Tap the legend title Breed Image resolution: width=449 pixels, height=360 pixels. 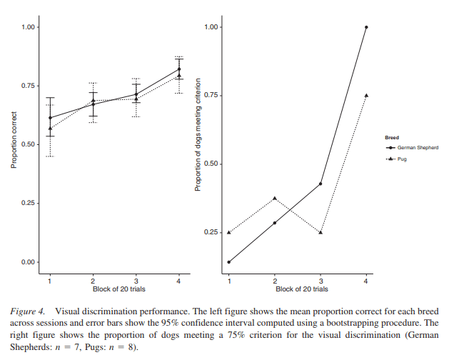[x=392, y=136]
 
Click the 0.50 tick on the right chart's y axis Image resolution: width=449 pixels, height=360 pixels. [x=211, y=164]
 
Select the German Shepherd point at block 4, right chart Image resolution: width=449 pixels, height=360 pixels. [x=366, y=27]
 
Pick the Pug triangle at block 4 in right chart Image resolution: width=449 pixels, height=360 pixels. [x=366, y=95]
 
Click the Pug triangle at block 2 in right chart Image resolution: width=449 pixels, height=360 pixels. [x=275, y=199]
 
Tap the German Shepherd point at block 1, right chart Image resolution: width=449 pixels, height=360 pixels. [x=229, y=262]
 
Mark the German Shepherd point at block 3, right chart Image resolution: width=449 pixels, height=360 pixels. [x=321, y=184]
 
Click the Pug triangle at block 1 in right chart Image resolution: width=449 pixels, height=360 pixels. [x=229, y=232]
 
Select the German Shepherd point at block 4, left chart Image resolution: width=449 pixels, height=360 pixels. [x=179, y=69]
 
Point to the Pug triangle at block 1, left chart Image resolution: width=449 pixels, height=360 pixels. [x=50, y=128]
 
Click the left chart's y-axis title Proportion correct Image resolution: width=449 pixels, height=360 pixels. [x=14, y=144]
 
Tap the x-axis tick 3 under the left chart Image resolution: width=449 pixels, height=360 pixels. [x=136, y=281]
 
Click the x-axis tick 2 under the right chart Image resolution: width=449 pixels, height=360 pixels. [x=275, y=281]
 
